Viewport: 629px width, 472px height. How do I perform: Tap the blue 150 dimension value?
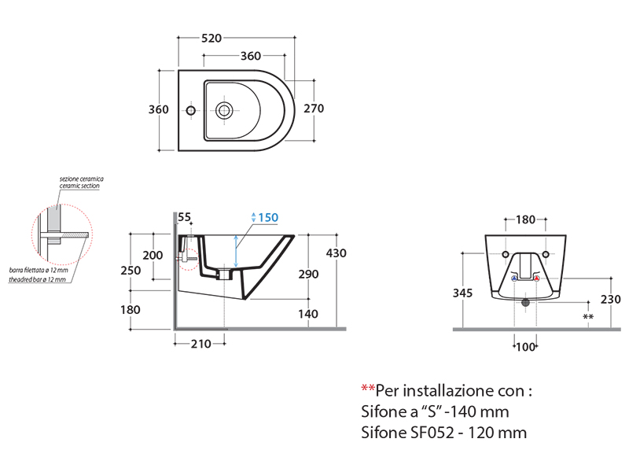(267, 218)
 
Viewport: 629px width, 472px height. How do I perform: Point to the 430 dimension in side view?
(336, 253)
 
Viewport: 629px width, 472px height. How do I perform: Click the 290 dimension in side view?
(309, 275)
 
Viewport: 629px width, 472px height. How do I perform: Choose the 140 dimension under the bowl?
(309, 314)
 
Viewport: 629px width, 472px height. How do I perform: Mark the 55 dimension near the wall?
(185, 217)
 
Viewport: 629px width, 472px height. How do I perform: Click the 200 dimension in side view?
(153, 256)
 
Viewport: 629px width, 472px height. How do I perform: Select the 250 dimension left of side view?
(131, 271)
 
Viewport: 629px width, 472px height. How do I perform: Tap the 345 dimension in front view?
(463, 293)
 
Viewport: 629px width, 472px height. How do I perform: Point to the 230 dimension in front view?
(611, 300)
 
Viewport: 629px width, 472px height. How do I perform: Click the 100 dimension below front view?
(524, 347)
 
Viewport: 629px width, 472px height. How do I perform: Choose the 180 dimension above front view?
(524, 220)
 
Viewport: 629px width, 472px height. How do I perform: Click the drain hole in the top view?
(225, 109)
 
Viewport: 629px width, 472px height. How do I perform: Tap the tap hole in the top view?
(189, 109)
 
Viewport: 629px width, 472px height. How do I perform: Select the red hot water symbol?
(537, 278)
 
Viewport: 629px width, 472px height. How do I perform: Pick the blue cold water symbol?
(514, 278)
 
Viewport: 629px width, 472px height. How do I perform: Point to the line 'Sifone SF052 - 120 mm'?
(443, 433)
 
